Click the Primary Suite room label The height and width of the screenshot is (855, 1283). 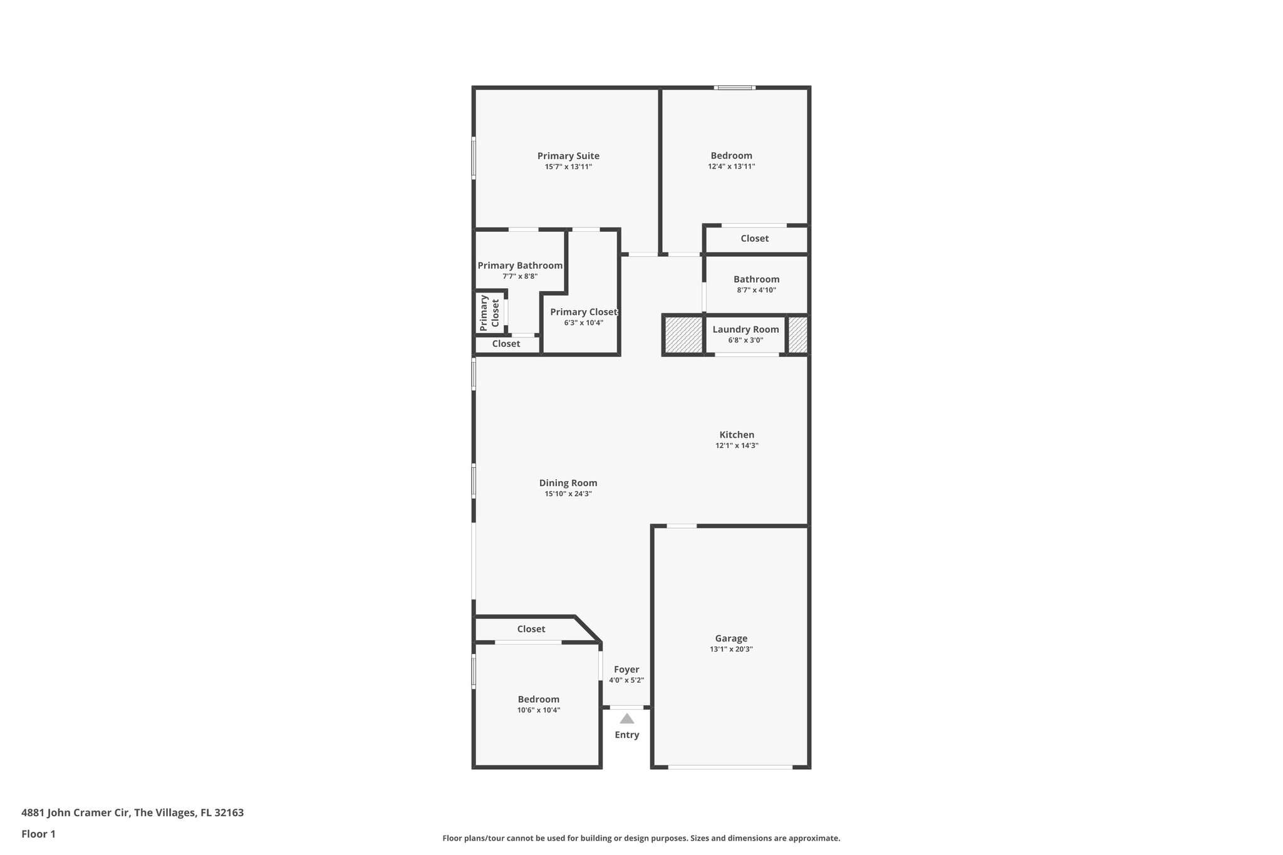(568, 156)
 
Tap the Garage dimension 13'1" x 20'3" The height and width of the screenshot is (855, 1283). (731, 650)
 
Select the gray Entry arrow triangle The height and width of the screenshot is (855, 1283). (626, 718)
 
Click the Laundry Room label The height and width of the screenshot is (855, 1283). (745, 329)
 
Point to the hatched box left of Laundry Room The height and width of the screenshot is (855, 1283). (683, 335)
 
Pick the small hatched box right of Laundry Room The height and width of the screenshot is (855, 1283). (797, 335)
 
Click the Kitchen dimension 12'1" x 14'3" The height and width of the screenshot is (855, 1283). (737, 446)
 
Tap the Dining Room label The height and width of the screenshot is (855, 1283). (568, 483)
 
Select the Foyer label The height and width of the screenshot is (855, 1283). (626, 670)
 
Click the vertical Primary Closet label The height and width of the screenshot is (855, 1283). (490, 313)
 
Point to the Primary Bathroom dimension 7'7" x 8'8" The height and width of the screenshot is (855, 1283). (520, 276)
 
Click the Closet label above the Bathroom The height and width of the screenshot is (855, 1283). (754, 239)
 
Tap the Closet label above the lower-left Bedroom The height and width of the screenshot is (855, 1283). (531, 629)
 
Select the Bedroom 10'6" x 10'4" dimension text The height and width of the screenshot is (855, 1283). (538, 710)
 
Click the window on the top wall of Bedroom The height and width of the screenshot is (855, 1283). (734, 88)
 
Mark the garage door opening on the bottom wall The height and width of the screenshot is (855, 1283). (730, 767)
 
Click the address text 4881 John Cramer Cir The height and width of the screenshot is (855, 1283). (132, 813)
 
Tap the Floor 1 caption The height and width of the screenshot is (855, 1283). (38, 834)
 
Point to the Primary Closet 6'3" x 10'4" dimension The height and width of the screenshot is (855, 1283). (583, 323)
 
